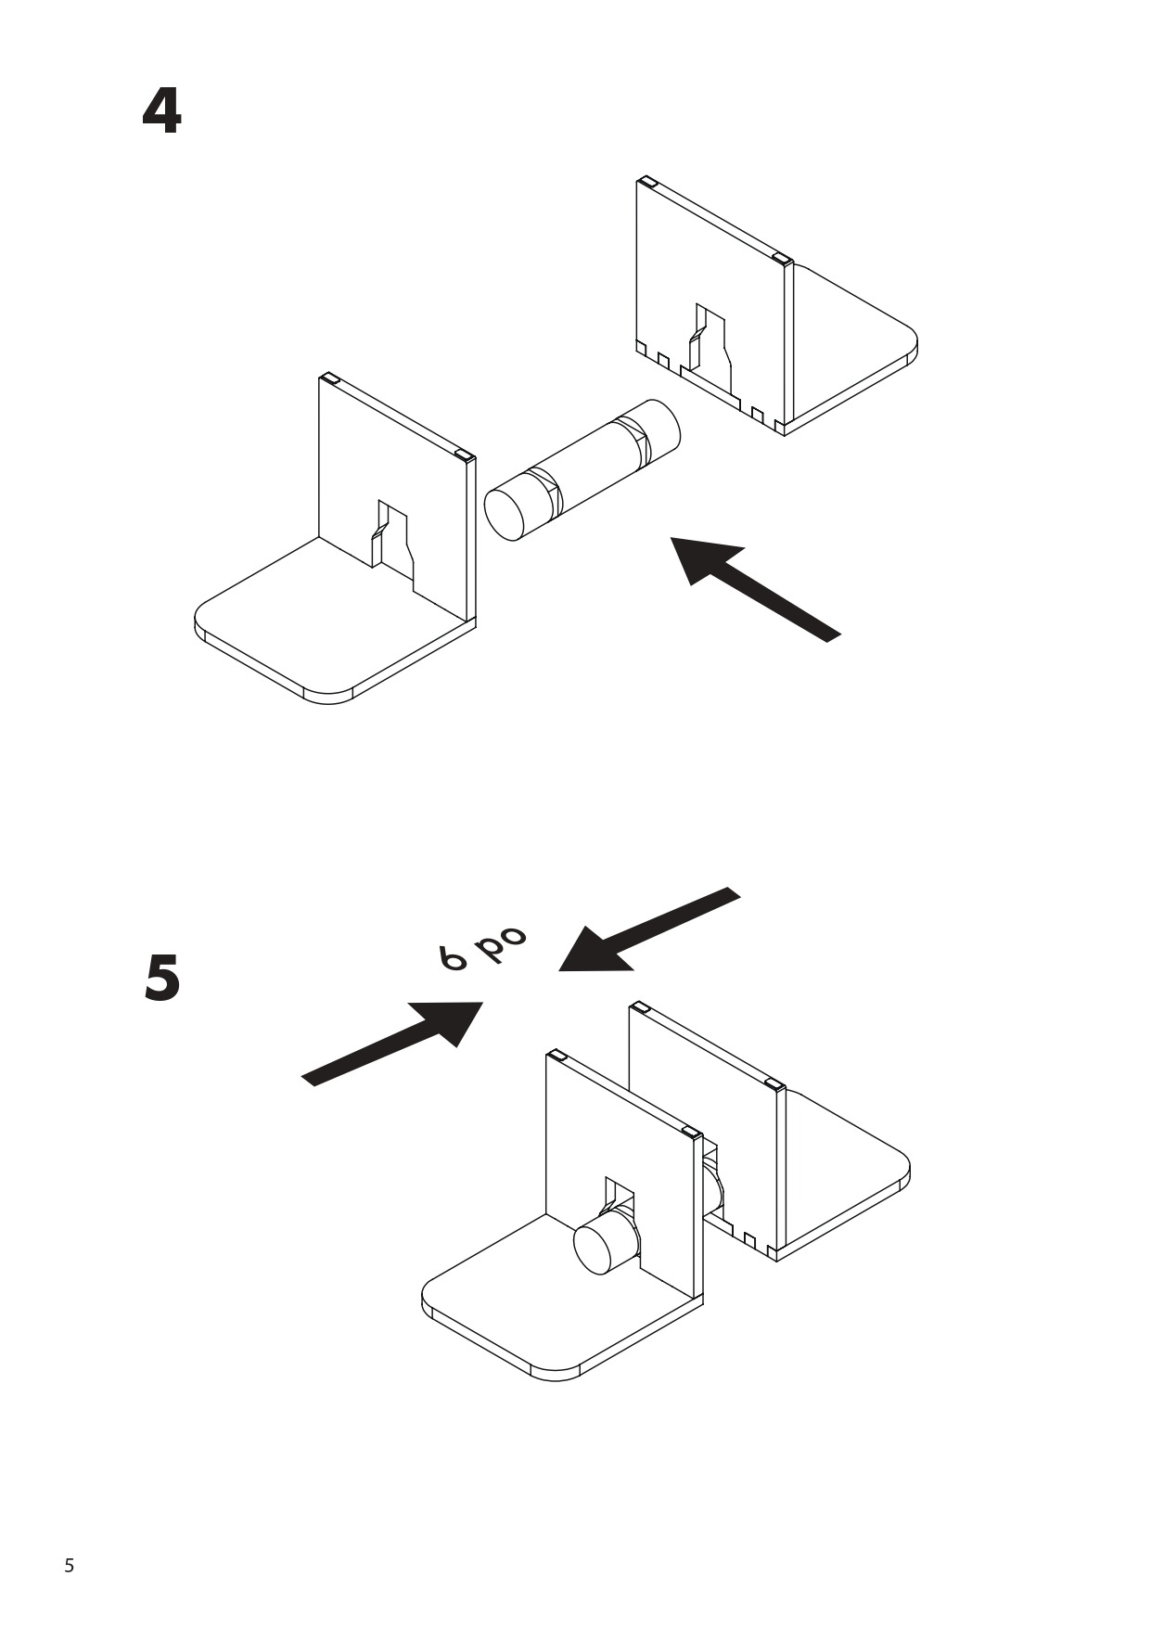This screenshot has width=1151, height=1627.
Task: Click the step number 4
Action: click(161, 112)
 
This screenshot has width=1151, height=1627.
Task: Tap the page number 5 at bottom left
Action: click(69, 1567)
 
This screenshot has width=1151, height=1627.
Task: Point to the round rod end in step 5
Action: click(599, 1248)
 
